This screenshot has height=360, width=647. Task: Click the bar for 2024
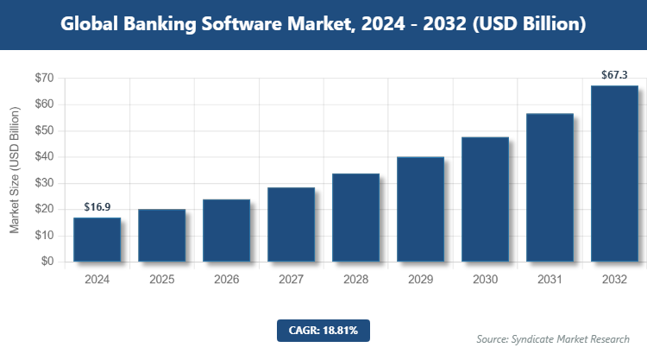[x=97, y=239]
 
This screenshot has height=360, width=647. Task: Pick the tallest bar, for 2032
[x=614, y=173]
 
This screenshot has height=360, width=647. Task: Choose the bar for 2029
[x=420, y=209]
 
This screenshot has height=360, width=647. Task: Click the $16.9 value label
[x=97, y=207]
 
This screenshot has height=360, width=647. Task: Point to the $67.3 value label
[x=614, y=76]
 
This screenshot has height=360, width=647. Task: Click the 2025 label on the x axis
[x=161, y=280]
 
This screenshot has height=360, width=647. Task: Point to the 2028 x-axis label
[x=355, y=280]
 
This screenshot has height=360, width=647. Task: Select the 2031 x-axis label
[x=550, y=280]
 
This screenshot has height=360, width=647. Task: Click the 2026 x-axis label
[x=226, y=280]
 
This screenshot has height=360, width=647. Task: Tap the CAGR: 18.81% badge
[x=323, y=330]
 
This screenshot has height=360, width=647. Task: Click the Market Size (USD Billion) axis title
[x=15, y=170]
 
